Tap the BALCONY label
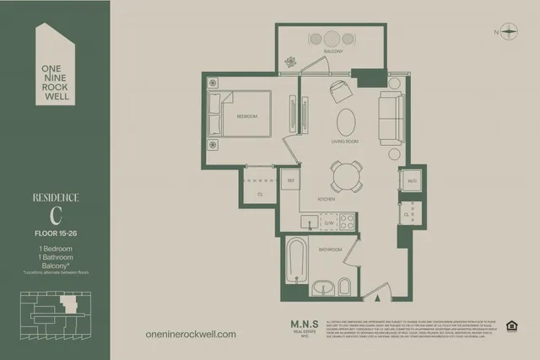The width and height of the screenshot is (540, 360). (x=332, y=52)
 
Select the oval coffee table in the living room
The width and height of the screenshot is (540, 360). (x=347, y=122)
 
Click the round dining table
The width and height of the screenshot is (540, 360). (x=346, y=176)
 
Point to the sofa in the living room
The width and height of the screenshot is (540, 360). (x=391, y=118)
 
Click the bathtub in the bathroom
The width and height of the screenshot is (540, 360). (x=295, y=260)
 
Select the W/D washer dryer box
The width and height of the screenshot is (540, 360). (x=412, y=181)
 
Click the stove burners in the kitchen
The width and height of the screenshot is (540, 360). (x=346, y=222)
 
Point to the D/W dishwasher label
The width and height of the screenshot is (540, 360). (x=326, y=223)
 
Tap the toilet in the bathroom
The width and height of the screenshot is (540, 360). (x=345, y=285)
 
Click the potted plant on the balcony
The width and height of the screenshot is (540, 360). (x=291, y=62)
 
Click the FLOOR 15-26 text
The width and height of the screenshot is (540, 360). (x=55, y=232)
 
